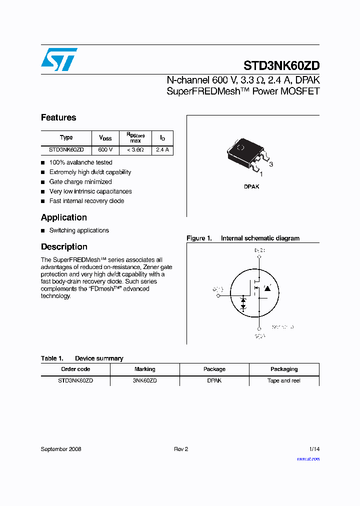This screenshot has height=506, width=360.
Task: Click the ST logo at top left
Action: click(59, 59)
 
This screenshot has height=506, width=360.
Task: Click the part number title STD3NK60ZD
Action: click(281, 65)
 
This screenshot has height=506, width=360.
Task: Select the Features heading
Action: click(58, 117)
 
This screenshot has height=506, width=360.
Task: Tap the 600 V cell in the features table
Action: click(105, 149)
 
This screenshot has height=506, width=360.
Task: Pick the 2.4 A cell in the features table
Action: click(162, 149)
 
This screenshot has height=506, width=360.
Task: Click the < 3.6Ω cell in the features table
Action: click(135, 149)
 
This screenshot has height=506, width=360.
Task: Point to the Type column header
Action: click(66, 137)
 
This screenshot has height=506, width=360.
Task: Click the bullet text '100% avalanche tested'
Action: click(80, 162)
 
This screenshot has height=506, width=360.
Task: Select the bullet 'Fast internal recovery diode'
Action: click(86, 201)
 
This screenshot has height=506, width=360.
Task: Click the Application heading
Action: click(64, 217)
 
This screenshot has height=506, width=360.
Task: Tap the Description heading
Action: click(64, 247)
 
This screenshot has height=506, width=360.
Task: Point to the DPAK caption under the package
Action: click(251, 186)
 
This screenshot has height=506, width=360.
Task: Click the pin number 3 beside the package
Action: click(271, 164)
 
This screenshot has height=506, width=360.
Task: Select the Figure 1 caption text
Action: click(243, 238)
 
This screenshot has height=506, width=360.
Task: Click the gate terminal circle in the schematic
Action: click(218, 296)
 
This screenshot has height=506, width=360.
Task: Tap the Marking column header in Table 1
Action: click(145, 369)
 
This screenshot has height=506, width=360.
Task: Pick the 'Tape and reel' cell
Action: click(284, 380)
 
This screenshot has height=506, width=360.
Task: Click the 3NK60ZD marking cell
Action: click(145, 380)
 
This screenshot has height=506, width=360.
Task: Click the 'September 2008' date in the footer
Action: click(61, 449)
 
